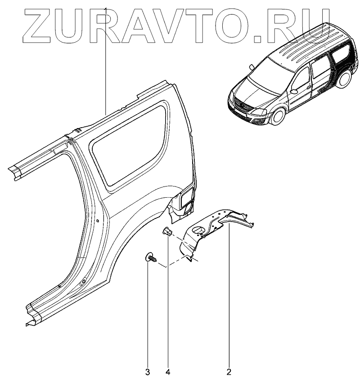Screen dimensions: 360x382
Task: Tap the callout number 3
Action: pos(148,372)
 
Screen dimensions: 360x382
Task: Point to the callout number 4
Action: pos(167,372)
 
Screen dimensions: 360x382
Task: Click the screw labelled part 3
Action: pos(150,258)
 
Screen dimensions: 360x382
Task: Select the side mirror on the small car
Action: pos(295,91)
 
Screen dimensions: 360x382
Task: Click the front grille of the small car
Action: pos(242,108)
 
